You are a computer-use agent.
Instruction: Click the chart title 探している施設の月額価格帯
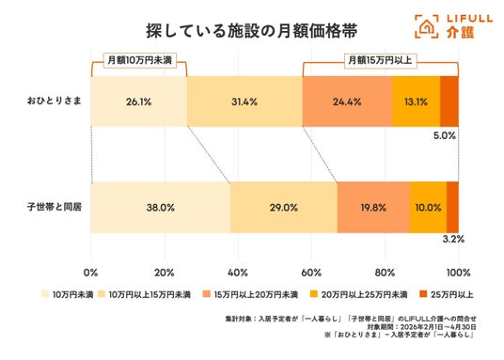click(x=252, y=31)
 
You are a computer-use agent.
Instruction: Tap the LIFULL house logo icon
click(x=427, y=26)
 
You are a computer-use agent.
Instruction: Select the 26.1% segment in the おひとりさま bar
click(x=139, y=102)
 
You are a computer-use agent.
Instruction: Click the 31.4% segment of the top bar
click(x=244, y=102)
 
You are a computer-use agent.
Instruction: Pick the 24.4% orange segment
click(x=347, y=102)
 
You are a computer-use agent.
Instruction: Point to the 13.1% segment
click(x=417, y=102)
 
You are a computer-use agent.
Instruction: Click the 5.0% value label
click(x=445, y=135)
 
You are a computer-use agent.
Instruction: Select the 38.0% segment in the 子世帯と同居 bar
click(x=161, y=208)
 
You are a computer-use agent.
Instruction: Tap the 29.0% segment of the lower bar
click(x=284, y=208)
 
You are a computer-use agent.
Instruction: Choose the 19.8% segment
click(x=374, y=208)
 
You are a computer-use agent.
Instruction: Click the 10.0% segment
click(x=429, y=208)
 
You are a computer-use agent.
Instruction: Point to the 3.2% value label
click(x=453, y=239)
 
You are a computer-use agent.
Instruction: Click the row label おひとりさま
click(x=54, y=101)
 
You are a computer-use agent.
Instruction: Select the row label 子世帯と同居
click(x=54, y=207)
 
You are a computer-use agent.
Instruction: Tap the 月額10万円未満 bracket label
click(x=140, y=60)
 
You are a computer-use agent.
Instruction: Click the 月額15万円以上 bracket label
click(x=380, y=60)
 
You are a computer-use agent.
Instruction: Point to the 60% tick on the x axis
click(x=311, y=273)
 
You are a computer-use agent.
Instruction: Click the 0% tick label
click(x=90, y=273)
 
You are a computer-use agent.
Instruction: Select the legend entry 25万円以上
click(x=447, y=294)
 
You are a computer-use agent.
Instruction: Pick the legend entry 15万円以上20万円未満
click(x=250, y=294)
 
